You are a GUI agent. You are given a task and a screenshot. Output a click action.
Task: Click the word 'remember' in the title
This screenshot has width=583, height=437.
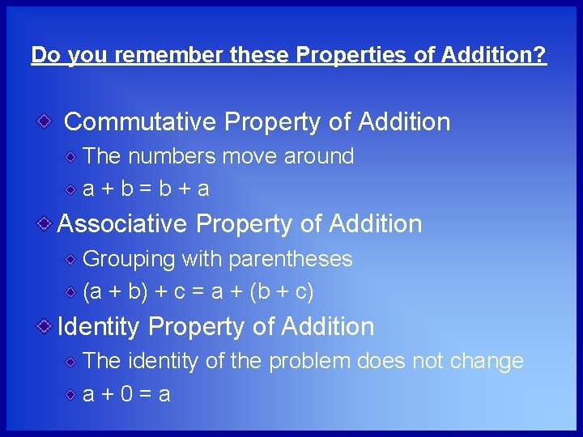[x=172, y=55]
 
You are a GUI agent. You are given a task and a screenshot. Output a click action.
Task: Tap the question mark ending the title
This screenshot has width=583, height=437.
[x=541, y=55]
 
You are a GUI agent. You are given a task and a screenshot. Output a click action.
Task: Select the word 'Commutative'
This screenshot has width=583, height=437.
[x=141, y=122]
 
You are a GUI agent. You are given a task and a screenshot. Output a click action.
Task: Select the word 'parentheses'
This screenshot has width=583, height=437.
[x=291, y=260]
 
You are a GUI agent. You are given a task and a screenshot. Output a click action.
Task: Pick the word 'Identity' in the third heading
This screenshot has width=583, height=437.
[x=100, y=327]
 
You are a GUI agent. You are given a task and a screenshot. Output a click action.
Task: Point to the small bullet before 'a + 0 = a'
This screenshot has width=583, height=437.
[x=72, y=393]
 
